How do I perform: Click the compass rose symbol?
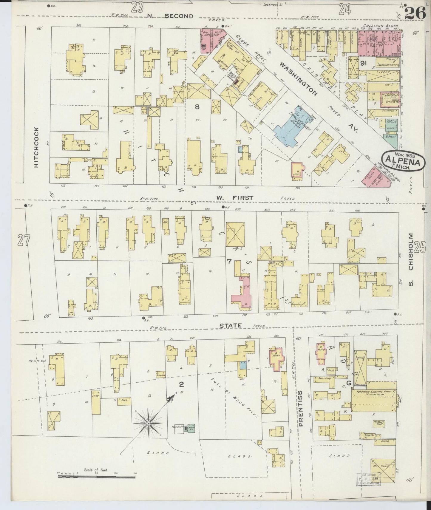pyautogui.click(x=148, y=423)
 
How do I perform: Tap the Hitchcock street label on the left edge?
pyautogui.click(x=36, y=147)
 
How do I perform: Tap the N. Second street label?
pyautogui.click(x=170, y=16)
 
